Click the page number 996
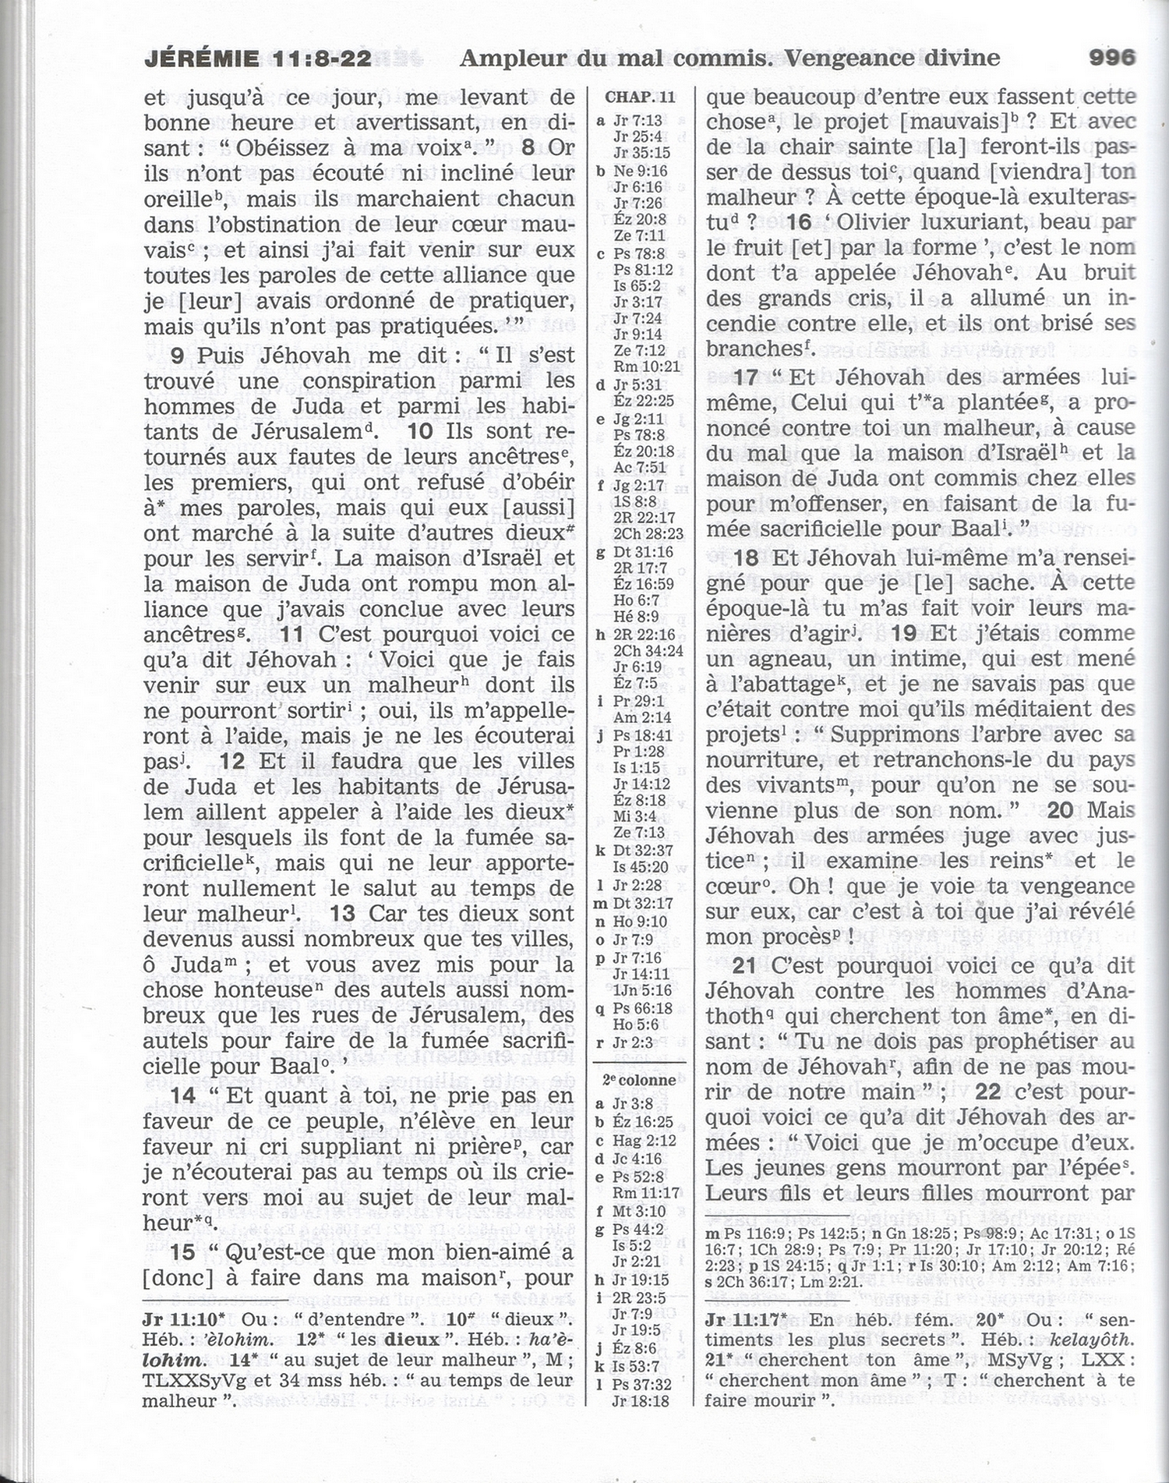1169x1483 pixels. tap(1111, 58)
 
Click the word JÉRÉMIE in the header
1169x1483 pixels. tap(202, 58)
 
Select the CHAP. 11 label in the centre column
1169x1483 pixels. tap(640, 97)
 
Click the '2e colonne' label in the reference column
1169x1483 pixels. tap(641, 1080)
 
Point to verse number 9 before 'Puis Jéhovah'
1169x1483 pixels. tap(178, 356)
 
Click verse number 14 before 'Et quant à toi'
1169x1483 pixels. tap(183, 1095)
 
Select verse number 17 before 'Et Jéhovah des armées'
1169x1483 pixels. tap(747, 377)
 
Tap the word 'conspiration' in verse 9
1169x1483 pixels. tap(358, 381)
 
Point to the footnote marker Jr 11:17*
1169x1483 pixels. tap(749, 1320)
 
